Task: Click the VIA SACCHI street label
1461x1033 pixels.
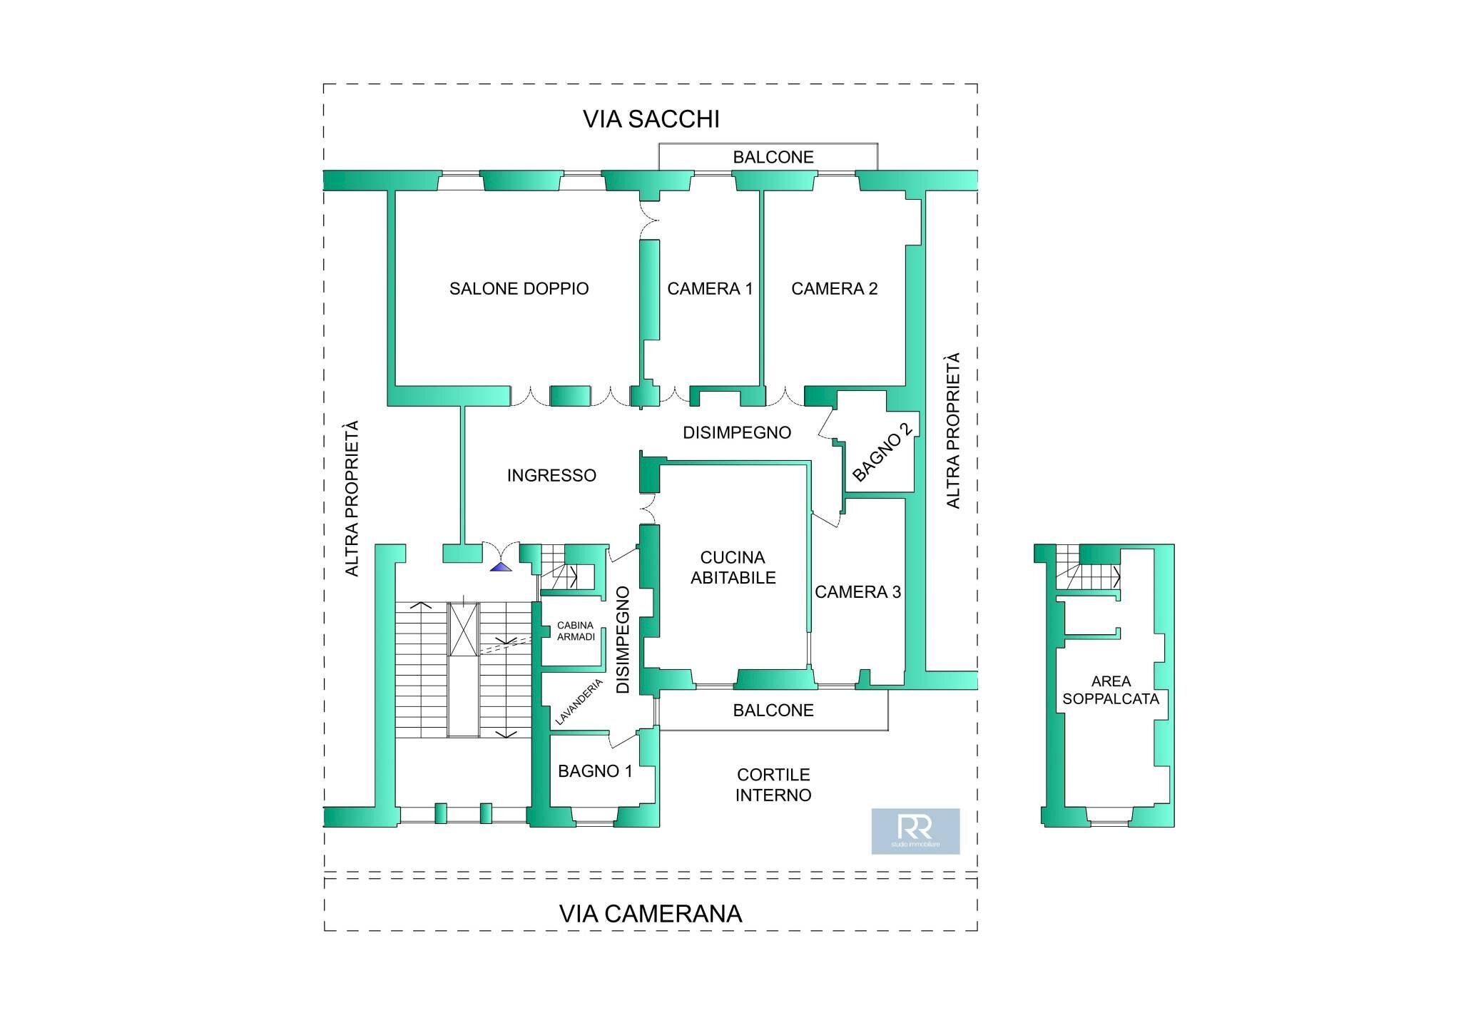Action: pos(651,119)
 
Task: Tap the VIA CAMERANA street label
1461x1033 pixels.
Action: pos(650,914)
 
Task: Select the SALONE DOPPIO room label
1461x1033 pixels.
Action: pos(519,289)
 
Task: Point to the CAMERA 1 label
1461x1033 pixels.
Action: pos(709,289)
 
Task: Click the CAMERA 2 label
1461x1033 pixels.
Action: pos(834,289)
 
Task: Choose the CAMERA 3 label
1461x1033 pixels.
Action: pos(857,592)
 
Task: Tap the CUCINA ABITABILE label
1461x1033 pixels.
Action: pos(733,568)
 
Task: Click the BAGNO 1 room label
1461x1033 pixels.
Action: pos(595,771)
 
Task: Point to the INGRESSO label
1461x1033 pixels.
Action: pos(551,476)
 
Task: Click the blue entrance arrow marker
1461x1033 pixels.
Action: pos(501,567)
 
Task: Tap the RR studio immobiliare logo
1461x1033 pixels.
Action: pos(915,831)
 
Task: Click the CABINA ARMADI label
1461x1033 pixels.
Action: pos(575,631)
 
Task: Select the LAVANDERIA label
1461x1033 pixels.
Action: pos(579,703)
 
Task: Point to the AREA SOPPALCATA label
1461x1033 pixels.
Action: pos(1110,691)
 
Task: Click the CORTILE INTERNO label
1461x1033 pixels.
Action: pos(773,785)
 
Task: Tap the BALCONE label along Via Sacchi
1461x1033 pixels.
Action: pos(773,158)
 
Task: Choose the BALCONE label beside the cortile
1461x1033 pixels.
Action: pos(773,711)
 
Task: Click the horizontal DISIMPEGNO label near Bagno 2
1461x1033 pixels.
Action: pos(736,433)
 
